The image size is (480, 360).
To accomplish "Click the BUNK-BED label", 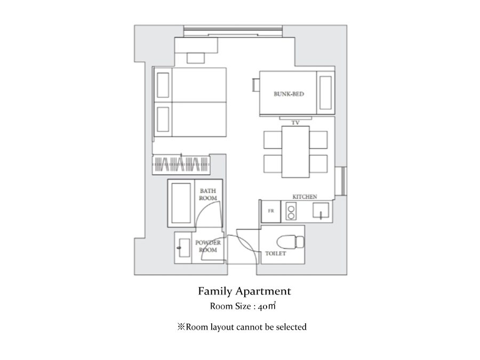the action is click(x=289, y=94).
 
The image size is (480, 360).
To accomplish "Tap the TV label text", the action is click(x=295, y=123).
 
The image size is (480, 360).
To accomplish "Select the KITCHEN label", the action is click(x=305, y=196).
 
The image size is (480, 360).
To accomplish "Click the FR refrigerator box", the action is click(x=270, y=211).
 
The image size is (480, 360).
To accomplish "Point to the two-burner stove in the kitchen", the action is click(x=291, y=212).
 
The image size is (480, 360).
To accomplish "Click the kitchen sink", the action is click(x=321, y=211).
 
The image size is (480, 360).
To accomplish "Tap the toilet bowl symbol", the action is click(x=290, y=242).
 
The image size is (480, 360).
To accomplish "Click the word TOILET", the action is click(x=276, y=253).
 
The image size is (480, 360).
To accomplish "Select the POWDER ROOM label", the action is click(x=208, y=246).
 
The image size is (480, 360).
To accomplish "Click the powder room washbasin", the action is click(x=183, y=247).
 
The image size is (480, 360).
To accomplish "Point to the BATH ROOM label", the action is click(x=208, y=194).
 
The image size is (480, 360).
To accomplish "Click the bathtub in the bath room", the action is click(x=181, y=203).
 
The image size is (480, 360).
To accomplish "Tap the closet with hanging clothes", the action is click(x=181, y=165).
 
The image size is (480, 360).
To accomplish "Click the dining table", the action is click(x=295, y=152).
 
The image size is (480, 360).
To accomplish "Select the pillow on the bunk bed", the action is click(x=325, y=93).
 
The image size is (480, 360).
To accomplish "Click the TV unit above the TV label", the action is click(x=295, y=118).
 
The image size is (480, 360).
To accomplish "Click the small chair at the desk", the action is click(x=196, y=58).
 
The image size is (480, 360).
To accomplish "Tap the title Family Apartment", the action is click(x=244, y=291).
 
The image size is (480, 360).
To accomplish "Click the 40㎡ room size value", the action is click(x=267, y=306).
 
